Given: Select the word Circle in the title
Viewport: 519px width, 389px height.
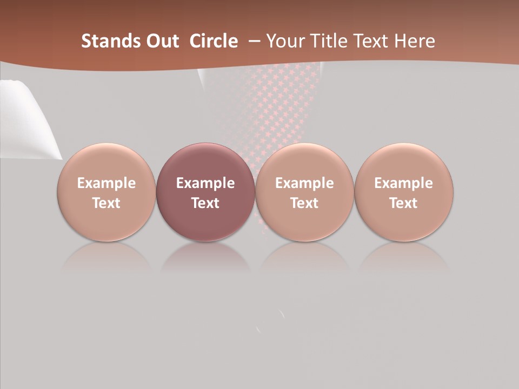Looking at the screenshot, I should pos(214,41).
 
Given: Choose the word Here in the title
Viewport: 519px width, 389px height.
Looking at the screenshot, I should pos(415,41).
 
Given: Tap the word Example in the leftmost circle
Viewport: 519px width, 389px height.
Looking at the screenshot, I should pos(107,183).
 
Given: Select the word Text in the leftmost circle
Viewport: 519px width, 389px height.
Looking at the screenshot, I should pos(107,203).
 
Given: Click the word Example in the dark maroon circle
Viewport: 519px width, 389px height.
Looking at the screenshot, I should pos(205,183).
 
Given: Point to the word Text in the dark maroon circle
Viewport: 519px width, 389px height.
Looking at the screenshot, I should pos(205,203).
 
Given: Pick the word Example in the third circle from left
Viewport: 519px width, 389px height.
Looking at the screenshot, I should pos(304,183).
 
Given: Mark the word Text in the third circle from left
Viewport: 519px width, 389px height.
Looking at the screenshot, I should pos(304,203).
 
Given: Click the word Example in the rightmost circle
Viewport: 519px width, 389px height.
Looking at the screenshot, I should pos(403,183).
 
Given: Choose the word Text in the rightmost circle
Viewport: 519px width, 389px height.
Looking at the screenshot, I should pos(403,203).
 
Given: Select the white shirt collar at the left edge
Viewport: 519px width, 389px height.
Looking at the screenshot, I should pos(27,119).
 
